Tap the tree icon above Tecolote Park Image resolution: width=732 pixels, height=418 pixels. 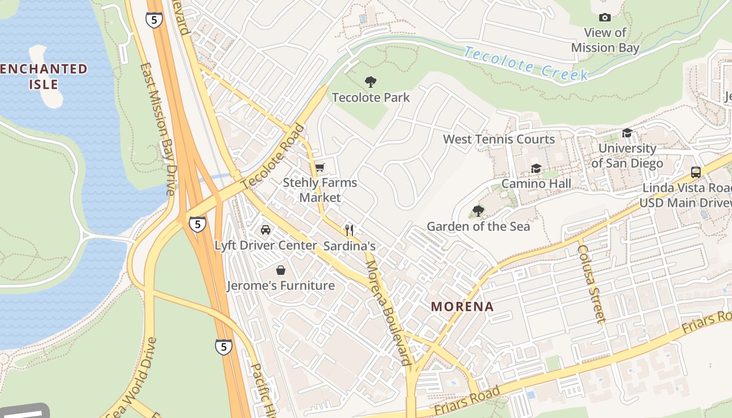tap(371, 82)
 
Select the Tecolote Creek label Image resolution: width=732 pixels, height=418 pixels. tap(525, 64)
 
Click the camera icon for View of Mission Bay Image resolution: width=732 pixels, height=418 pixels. tap(605, 18)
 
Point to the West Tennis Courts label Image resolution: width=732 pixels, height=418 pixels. tap(499, 140)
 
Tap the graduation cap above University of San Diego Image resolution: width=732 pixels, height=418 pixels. tap(627, 133)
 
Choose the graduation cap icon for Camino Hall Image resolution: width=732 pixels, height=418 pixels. tap(536, 168)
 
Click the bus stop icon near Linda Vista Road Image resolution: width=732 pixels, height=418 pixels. tap(696, 172)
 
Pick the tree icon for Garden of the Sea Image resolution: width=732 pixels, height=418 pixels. tap(478, 211)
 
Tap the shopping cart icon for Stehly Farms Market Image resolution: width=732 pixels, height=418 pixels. tap(319, 168)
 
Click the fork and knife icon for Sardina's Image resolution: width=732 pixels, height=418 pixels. tap(349, 230)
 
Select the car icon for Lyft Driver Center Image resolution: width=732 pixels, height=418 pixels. tap(266, 230)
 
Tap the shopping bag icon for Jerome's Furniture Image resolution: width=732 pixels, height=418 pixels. tap(281, 270)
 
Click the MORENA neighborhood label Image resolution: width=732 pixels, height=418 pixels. tap(462, 307)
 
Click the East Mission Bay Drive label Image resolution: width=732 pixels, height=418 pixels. tap(157, 129)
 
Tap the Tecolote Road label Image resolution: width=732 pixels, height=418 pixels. tap(272, 157)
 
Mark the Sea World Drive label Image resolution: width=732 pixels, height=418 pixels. tap(128, 379)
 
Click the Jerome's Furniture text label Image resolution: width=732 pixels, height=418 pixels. tap(281, 286)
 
